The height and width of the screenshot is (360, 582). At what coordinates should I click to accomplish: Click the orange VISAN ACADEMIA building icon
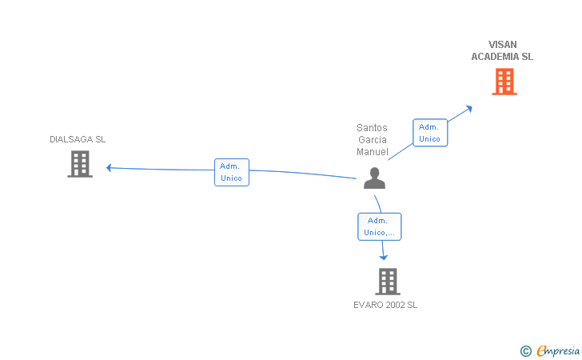point(504,82)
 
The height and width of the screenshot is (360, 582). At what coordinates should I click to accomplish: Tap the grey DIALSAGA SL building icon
point(79,164)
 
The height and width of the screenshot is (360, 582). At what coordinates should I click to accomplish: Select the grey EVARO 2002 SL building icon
point(387,281)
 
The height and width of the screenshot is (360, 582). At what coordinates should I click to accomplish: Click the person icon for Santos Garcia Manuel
point(374,178)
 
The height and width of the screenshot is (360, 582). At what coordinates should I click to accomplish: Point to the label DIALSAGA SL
point(78,139)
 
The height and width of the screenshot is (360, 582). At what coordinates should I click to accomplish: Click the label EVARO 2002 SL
point(385,305)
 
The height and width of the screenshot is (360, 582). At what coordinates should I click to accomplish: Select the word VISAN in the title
point(503,45)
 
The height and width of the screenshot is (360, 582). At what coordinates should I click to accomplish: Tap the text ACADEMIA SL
point(502,57)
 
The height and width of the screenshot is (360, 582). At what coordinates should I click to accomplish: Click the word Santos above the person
point(372,128)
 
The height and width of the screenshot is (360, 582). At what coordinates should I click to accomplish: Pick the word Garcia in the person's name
point(372,140)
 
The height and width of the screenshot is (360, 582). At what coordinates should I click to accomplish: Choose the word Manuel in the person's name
point(372,152)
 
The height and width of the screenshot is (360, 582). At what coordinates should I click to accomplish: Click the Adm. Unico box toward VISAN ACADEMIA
point(430,133)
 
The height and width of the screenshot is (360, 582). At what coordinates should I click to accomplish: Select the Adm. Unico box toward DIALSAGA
point(232,172)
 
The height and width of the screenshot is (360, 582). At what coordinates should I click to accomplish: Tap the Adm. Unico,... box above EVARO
point(379,226)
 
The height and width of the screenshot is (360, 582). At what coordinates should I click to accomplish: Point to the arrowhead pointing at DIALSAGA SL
point(110,167)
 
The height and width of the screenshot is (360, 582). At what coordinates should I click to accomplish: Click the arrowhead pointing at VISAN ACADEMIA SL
point(469,107)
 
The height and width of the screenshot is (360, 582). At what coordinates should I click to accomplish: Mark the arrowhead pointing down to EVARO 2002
point(384,257)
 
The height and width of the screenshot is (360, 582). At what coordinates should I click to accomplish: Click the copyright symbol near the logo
point(525,350)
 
